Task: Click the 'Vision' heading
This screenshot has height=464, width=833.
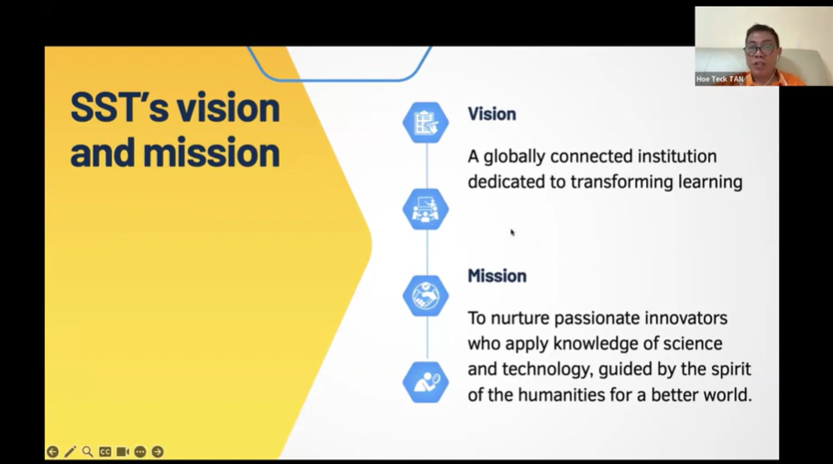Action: pos(491,114)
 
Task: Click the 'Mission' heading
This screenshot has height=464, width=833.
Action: pos(497,276)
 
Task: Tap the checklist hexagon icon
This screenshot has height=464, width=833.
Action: pos(425,122)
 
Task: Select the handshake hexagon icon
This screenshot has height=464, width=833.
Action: pos(425,295)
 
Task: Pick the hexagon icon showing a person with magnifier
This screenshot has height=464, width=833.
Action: pos(425,382)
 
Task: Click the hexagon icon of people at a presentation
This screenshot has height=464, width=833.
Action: pos(425,209)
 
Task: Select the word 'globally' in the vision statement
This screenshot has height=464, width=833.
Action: pos(514,157)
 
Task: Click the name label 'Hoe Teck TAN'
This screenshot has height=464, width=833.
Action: pos(720,79)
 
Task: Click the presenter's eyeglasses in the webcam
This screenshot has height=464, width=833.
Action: pos(761,50)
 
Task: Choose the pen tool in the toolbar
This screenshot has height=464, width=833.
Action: pos(70,452)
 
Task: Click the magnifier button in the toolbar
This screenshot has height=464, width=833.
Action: pos(87,452)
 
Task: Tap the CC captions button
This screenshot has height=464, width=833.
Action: pos(104,452)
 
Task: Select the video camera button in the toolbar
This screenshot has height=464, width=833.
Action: pos(122,452)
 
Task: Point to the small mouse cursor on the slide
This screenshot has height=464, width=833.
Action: pos(512,232)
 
